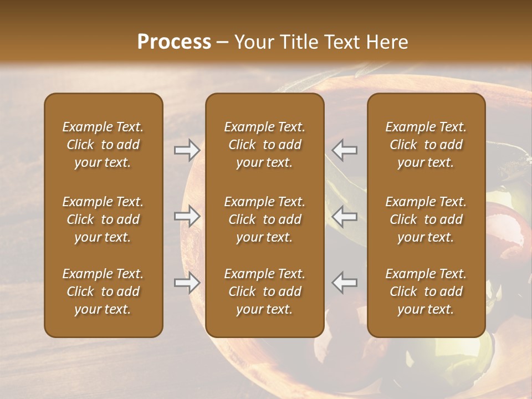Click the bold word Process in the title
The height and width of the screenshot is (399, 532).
coord(174,42)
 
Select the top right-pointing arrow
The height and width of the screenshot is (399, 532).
coord(187,150)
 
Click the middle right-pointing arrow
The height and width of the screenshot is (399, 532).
coord(187,217)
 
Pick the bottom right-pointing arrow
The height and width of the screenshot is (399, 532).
coord(187,283)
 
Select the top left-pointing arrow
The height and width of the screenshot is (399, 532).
coord(345,150)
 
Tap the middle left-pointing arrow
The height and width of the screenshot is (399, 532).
coord(345,217)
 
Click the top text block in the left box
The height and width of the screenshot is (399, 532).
coord(103,145)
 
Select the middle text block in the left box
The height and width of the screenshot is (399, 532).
coord(103,219)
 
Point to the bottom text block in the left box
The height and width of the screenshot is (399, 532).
coord(103,291)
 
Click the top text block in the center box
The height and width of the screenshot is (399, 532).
coord(265,145)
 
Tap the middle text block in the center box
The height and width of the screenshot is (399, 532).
coord(265,219)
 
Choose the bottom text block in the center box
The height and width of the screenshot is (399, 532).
coord(265,291)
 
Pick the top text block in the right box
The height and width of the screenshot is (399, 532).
coord(426,145)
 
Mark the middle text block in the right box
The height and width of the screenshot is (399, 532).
coord(426,219)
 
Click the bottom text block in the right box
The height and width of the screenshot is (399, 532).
coord(426,291)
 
